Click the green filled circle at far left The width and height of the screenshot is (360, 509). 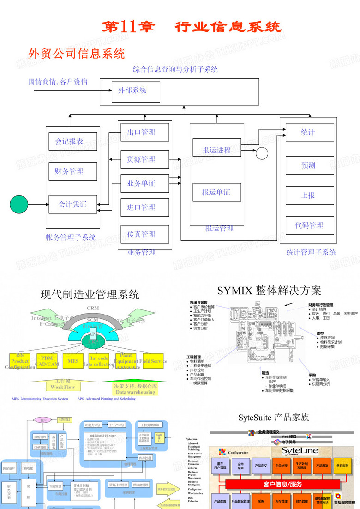(x=19, y=204)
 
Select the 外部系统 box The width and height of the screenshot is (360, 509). (x=136, y=92)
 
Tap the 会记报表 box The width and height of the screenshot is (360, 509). (x=73, y=141)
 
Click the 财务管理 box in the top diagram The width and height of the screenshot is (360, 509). (x=73, y=171)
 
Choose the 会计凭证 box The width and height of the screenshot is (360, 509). (x=73, y=204)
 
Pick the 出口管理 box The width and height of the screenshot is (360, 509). (x=144, y=133)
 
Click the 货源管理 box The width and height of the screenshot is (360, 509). (x=144, y=159)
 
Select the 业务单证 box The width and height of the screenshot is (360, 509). (x=144, y=183)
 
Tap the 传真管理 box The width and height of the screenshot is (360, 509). (x=144, y=234)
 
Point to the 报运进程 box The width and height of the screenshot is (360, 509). (x=217, y=150)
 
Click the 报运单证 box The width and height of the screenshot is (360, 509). (x=217, y=193)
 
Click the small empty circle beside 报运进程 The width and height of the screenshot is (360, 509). (x=262, y=153)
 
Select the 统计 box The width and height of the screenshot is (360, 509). (x=308, y=133)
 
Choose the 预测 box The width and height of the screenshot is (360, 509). (x=308, y=165)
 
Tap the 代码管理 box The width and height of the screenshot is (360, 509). (x=308, y=225)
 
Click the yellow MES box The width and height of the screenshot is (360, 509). (x=73, y=361)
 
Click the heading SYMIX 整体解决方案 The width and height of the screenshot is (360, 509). (x=269, y=291)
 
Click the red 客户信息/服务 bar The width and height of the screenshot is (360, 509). (x=282, y=485)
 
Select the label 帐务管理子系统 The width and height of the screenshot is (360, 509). (x=71, y=237)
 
